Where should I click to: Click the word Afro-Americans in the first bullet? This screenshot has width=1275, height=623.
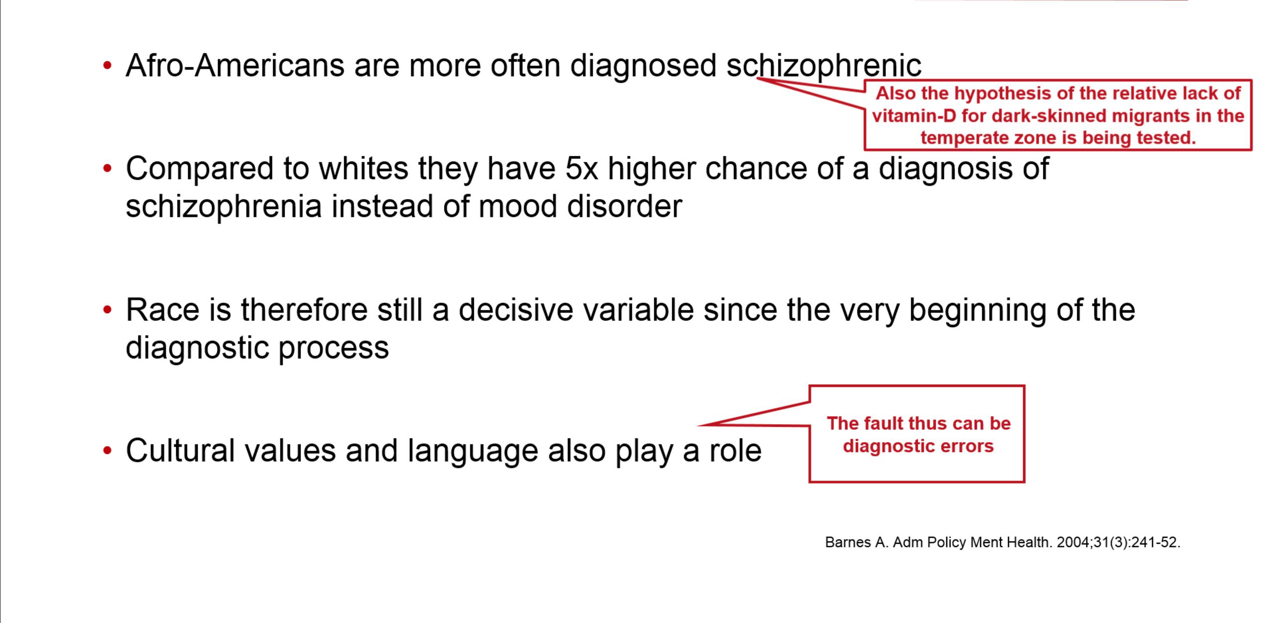click(x=235, y=65)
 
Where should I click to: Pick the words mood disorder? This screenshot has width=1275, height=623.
click(x=580, y=206)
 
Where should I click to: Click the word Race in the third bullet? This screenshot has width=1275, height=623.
click(x=163, y=310)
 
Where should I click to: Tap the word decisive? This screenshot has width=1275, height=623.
click(x=515, y=310)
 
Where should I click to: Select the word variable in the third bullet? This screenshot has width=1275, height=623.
click(x=638, y=310)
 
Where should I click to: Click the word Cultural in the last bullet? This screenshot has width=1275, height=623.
click(x=180, y=451)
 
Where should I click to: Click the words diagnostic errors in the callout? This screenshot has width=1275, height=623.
click(x=918, y=446)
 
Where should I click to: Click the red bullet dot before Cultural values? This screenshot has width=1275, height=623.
click(x=108, y=451)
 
